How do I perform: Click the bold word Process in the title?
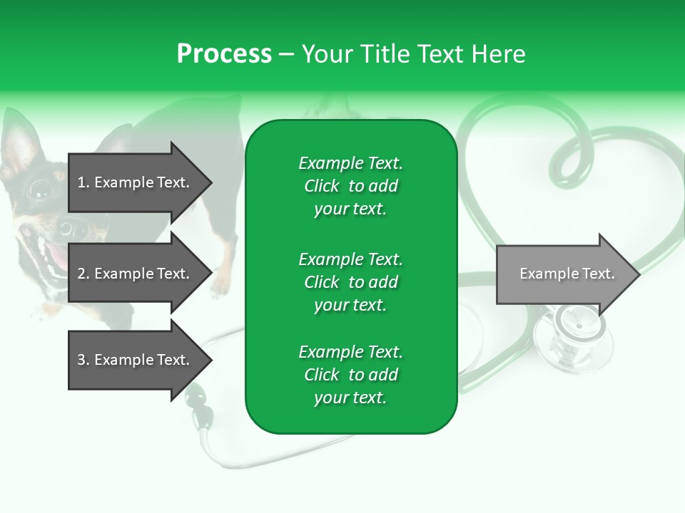224,54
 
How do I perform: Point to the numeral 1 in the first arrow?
81,182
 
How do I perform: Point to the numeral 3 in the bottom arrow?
81,360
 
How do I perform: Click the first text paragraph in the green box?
350,186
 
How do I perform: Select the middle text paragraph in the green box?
350,282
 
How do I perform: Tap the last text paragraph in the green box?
350,375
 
